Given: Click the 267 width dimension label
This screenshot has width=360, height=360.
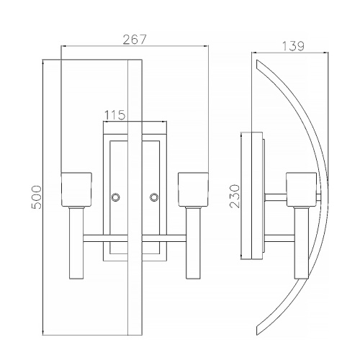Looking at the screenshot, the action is point(135,40).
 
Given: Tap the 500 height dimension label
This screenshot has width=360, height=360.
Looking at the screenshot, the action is point(37,197).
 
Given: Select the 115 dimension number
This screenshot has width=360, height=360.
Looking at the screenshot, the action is point(114,115).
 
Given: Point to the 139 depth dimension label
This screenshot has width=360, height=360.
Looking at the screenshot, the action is point(293,46).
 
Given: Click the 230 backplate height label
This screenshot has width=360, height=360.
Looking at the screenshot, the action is point(235,196).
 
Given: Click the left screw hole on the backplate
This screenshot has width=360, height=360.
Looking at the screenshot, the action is point(116,197).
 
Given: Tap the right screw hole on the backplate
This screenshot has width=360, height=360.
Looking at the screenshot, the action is point(153,197).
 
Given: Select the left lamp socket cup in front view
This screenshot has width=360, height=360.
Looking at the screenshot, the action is point(76,189).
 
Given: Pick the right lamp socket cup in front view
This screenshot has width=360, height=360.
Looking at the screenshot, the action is point(193,189).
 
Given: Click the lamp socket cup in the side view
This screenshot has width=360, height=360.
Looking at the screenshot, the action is point(301,189).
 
